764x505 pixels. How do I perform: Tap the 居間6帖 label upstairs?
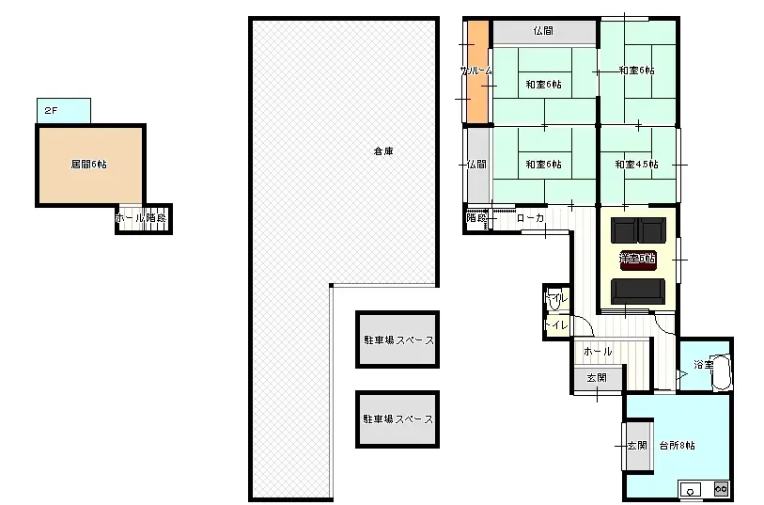click(x=88, y=164)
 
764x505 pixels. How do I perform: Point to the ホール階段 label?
click(x=141, y=218)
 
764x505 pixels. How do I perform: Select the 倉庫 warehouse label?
click(x=382, y=150)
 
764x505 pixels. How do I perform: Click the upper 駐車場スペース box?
click(x=398, y=339)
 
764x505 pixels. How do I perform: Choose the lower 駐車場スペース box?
click(x=398, y=419)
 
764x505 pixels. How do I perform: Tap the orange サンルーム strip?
click(x=476, y=72)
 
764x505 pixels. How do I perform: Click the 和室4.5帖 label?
click(x=636, y=165)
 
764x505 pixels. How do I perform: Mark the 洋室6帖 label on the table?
click(x=637, y=257)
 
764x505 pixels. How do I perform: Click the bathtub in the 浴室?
click(x=720, y=372)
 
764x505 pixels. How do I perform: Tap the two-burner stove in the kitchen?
click(x=721, y=489)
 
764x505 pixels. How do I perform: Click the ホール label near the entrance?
click(x=598, y=351)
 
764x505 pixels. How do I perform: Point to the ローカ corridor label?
click(x=531, y=218)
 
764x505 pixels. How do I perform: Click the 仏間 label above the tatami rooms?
click(x=543, y=31)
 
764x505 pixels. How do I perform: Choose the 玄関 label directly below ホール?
click(x=597, y=378)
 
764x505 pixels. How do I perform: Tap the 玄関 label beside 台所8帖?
click(x=636, y=445)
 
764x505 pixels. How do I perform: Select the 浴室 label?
click(x=703, y=364)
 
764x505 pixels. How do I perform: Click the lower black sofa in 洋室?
click(x=638, y=292)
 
